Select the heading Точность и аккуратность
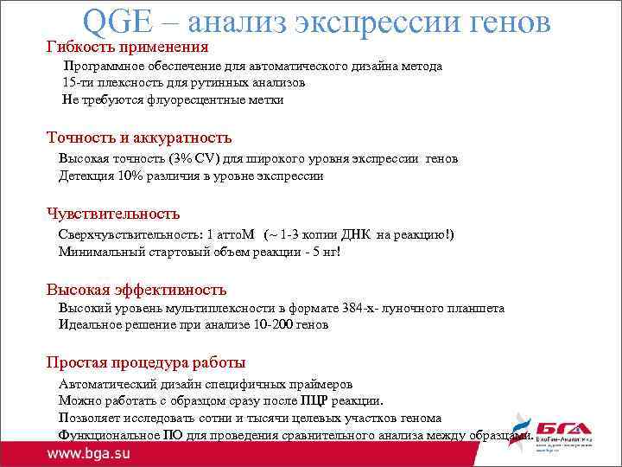click(x=138, y=138)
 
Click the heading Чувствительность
click(x=112, y=214)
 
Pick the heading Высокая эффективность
click(x=136, y=289)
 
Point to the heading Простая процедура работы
click(x=145, y=362)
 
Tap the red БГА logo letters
click(x=564, y=430)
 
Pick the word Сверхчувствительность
click(x=128, y=234)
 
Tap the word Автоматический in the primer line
click(x=107, y=384)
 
